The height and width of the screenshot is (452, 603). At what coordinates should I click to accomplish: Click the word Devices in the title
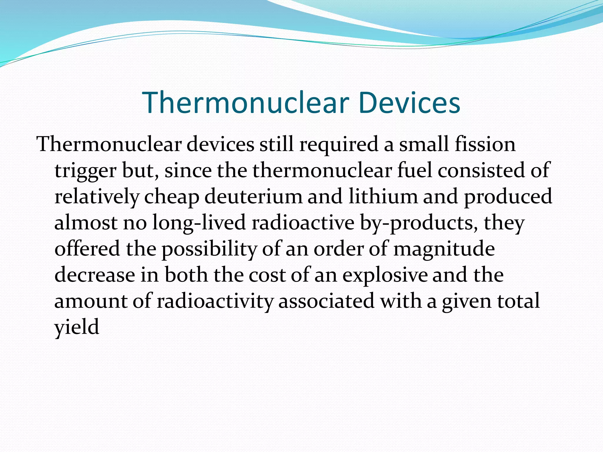[409, 102]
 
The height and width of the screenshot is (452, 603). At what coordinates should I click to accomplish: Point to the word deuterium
[253, 197]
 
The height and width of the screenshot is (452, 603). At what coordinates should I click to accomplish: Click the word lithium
[383, 197]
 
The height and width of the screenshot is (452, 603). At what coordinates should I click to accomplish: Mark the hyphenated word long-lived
[199, 223]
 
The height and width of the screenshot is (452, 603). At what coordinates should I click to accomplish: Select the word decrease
[95, 275]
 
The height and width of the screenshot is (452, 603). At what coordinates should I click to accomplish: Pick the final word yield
[77, 328]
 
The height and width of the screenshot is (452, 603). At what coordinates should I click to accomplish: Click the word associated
[326, 301]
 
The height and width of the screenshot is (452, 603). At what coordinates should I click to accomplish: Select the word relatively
[97, 197]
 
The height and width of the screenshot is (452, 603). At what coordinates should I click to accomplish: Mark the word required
[339, 145]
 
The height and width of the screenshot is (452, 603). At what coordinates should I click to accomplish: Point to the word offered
[87, 249]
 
